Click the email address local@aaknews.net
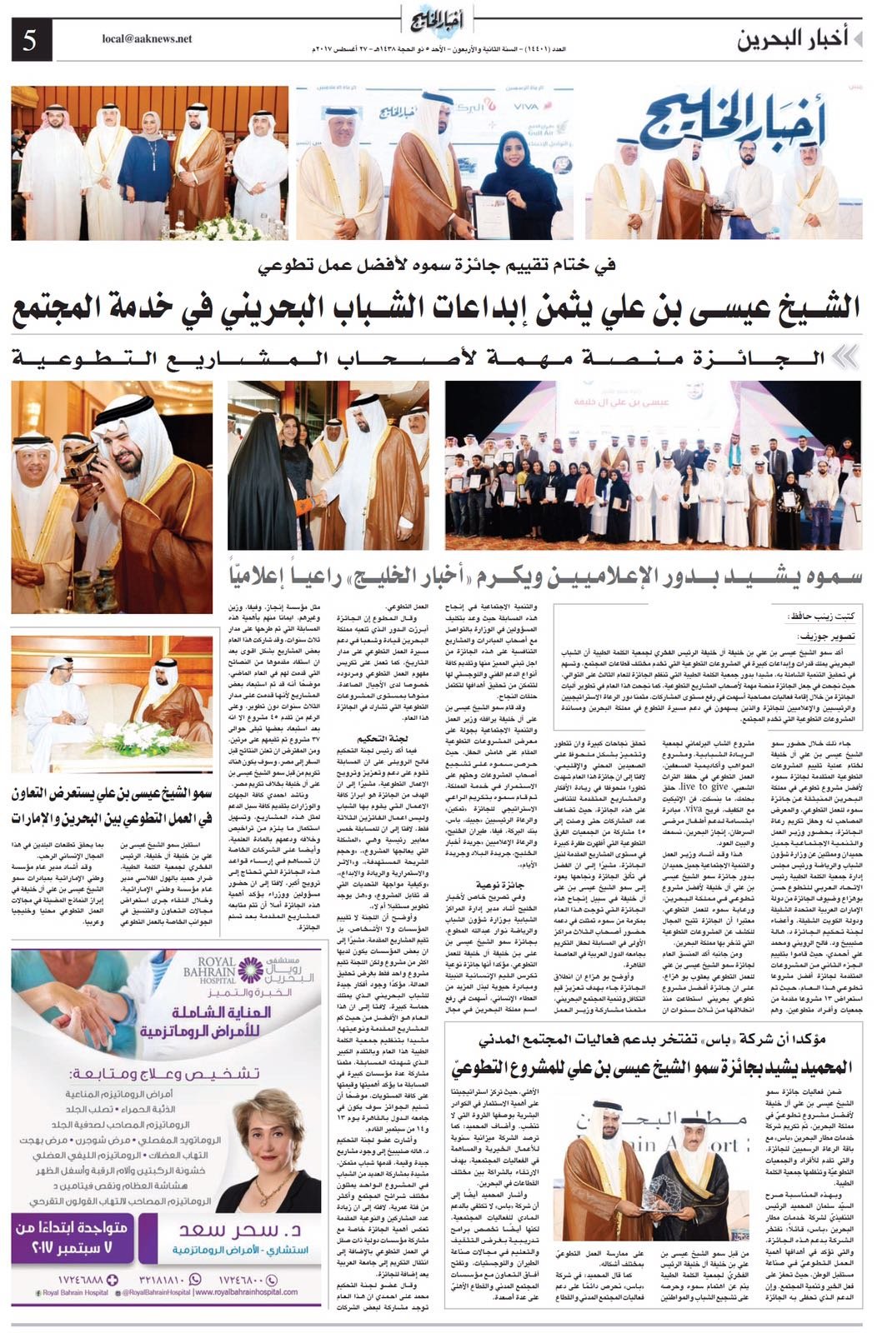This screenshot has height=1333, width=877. coord(147,38)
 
